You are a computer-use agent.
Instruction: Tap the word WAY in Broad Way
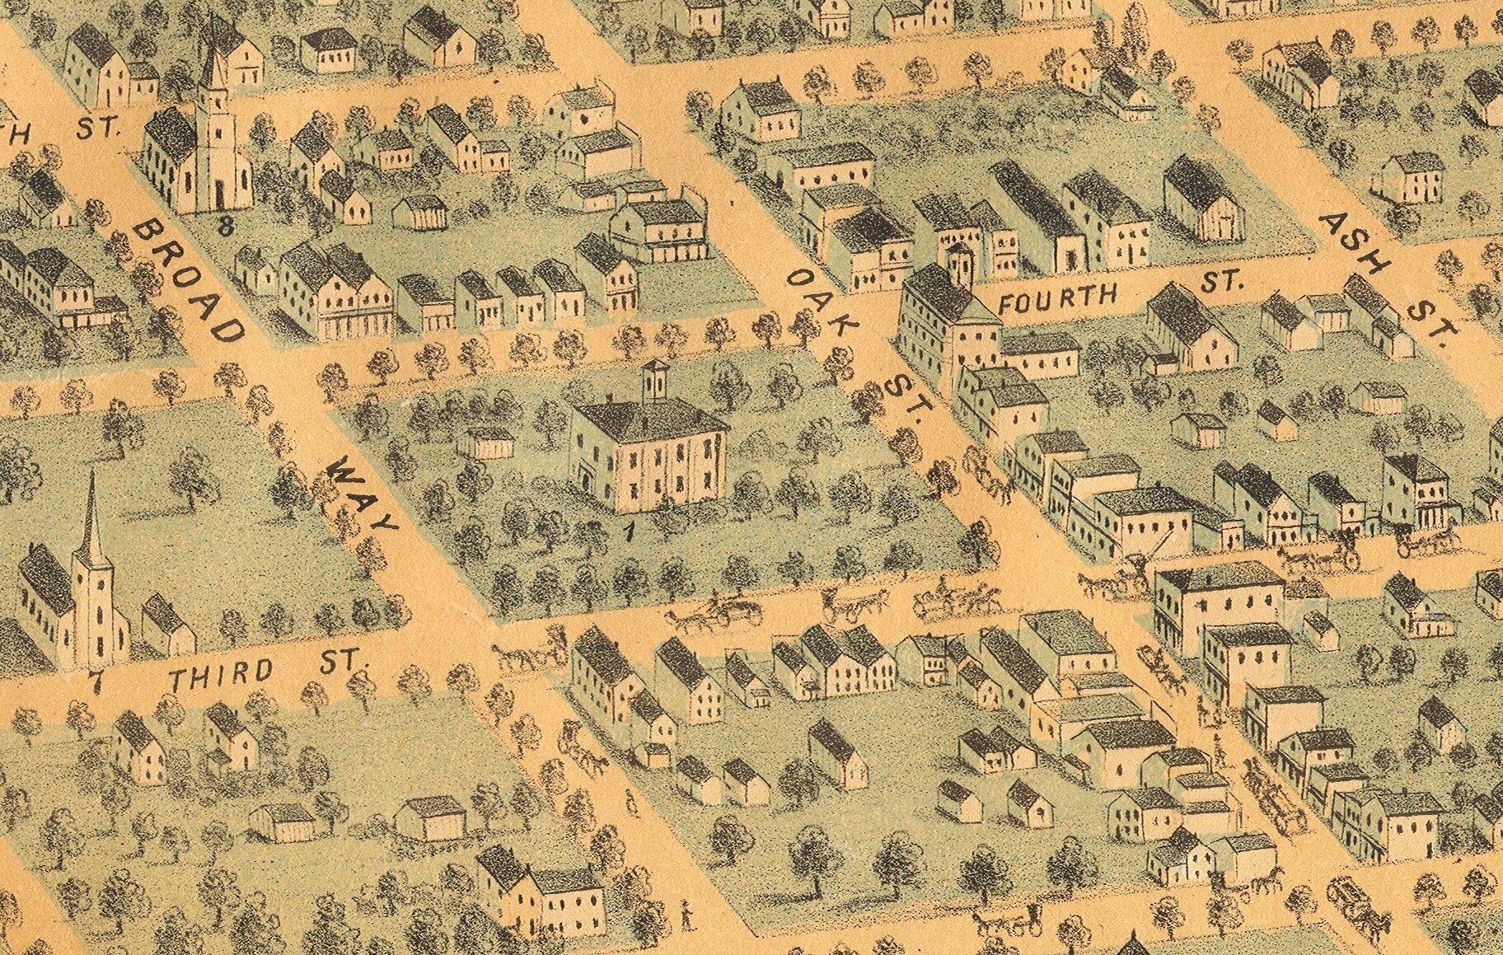(363, 494)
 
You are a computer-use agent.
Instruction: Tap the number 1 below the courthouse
(629, 531)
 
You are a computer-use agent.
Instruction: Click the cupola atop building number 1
(655, 381)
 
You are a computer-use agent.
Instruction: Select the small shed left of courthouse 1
(488, 442)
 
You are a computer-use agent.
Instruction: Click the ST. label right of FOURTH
(1220, 282)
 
